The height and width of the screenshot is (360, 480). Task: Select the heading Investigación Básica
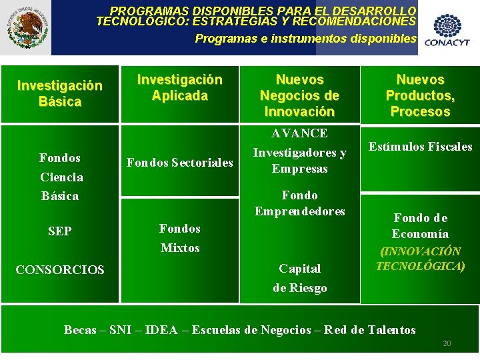click(x=60, y=94)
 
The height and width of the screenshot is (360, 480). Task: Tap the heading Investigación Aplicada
click(x=179, y=88)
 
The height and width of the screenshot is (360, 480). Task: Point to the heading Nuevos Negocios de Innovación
click(x=299, y=96)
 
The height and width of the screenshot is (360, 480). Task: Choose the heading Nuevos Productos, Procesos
click(x=420, y=96)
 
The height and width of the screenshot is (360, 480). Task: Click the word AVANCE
click(x=299, y=133)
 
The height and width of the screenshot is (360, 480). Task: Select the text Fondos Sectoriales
click(x=180, y=163)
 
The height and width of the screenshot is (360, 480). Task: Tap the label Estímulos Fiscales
click(x=420, y=147)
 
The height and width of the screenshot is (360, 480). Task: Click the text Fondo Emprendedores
click(x=299, y=203)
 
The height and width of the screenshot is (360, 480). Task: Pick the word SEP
click(x=60, y=231)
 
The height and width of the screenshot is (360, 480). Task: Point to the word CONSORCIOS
click(x=60, y=270)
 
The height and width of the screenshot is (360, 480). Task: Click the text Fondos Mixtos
click(x=180, y=238)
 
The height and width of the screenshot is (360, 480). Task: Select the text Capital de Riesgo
click(x=299, y=278)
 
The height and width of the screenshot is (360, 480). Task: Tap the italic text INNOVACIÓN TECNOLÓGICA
click(x=420, y=259)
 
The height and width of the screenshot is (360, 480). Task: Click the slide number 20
click(x=447, y=343)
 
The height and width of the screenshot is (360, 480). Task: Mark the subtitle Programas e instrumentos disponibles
click(x=305, y=39)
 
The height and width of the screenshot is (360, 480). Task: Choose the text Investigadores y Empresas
click(x=299, y=161)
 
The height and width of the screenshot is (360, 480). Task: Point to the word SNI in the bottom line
click(x=120, y=330)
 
